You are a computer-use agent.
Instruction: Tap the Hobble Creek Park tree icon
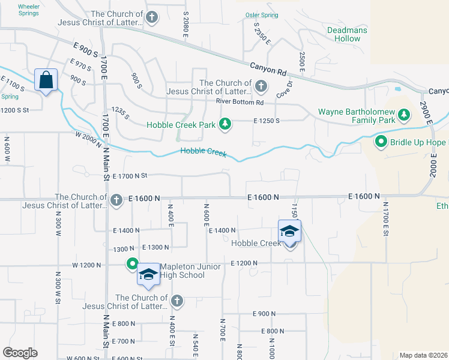point(225,124)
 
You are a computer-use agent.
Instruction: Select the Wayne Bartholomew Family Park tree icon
point(404,114)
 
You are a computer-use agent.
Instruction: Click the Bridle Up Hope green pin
point(381,142)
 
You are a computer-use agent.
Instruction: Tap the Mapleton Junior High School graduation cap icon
point(148,275)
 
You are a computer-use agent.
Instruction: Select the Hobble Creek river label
point(203,153)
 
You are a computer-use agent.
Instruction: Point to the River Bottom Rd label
point(240,102)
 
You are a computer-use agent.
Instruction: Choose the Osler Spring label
point(262,14)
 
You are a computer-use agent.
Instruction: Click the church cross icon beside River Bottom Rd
point(261,86)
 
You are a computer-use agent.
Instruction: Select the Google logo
point(20,353)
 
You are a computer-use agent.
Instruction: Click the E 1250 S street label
point(267,121)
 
